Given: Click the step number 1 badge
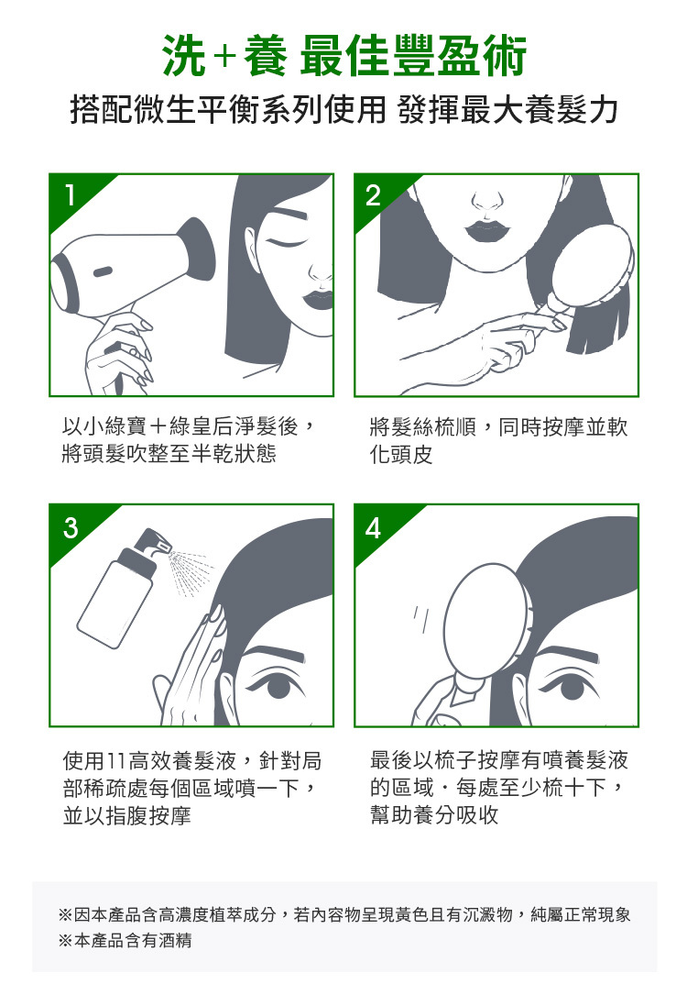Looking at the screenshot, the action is [70, 194].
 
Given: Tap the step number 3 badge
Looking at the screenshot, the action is [71, 527].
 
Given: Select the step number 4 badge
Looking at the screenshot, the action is [373, 528].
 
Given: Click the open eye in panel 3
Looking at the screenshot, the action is [277, 684].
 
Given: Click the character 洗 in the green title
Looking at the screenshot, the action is [185, 57].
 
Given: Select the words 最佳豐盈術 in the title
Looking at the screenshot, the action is [413, 57].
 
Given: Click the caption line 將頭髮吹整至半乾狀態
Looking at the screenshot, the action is [169, 454].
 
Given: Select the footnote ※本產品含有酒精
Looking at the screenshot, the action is [125, 941].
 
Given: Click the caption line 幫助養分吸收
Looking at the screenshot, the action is [434, 815].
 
